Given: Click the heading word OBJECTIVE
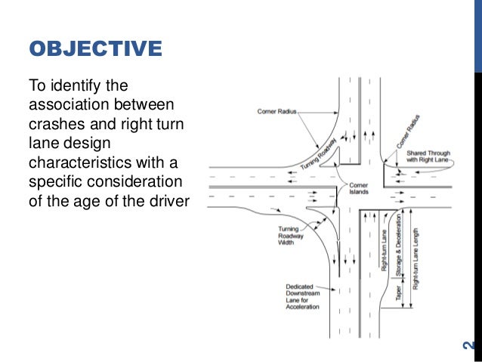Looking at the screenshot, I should click(x=95, y=50).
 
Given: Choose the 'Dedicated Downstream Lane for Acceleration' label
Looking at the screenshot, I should click(x=302, y=297).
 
